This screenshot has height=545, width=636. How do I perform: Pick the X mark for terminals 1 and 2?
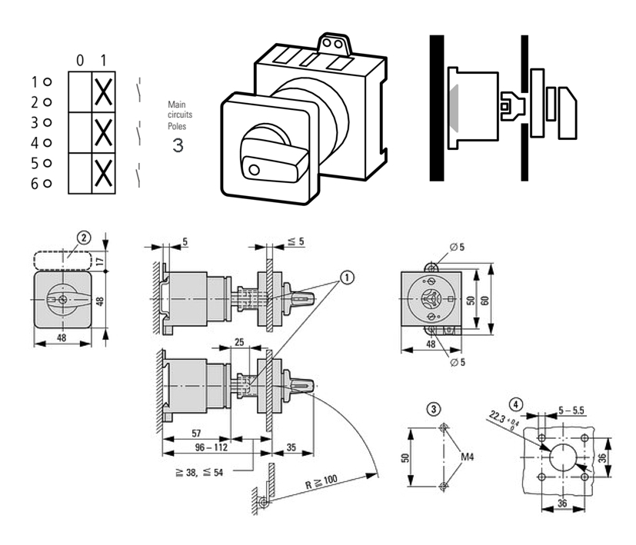pyautogui.click(x=103, y=91)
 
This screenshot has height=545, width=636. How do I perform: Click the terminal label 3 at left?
pyautogui.click(x=35, y=121)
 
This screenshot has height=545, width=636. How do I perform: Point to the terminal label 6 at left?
pyautogui.click(x=35, y=183)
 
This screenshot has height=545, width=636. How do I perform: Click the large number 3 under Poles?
pyautogui.click(x=178, y=144)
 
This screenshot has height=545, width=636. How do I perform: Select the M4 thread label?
pyautogui.click(x=468, y=457)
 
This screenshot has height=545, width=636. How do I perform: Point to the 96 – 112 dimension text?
pyautogui.click(x=195, y=447)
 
